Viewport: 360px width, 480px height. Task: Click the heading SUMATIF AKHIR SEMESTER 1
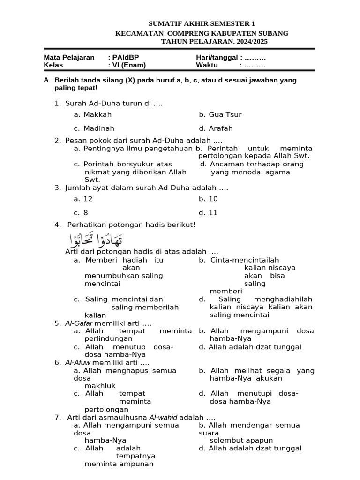click(202, 24)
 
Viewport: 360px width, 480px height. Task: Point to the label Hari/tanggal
click(216, 58)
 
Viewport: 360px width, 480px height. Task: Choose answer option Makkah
click(97, 114)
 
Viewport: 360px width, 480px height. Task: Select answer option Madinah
click(99, 128)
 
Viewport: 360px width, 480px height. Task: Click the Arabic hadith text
click(96, 240)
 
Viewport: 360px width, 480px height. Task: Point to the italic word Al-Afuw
click(78, 362)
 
